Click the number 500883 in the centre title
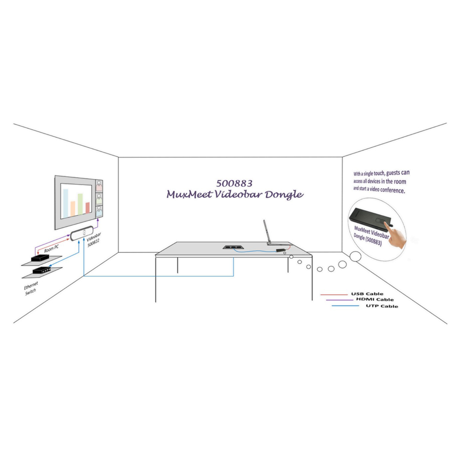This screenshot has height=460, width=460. (x=234, y=183)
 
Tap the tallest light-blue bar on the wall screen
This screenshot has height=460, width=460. (x=65, y=203)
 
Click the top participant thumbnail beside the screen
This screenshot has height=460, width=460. (x=99, y=186)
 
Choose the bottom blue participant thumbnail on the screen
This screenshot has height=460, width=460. (x=99, y=211)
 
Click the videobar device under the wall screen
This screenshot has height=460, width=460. (x=82, y=233)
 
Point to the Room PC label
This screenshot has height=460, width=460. (x=51, y=249)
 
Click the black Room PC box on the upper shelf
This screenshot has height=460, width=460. (x=40, y=258)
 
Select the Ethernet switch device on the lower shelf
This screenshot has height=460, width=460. (x=42, y=270)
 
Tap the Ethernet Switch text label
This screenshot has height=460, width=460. (x=31, y=288)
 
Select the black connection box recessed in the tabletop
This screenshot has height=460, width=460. (x=233, y=247)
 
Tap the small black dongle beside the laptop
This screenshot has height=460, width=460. (x=281, y=250)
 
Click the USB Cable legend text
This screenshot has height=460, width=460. (x=367, y=294)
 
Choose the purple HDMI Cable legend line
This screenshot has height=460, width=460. (x=340, y=300)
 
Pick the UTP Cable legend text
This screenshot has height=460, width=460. (x=382, y=306)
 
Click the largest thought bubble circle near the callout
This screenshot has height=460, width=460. (x=355, y=256)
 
